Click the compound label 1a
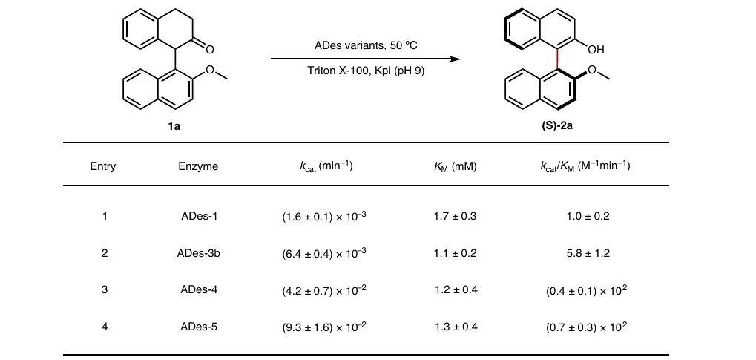coord(174,126)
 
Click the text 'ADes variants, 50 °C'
coord(366,46)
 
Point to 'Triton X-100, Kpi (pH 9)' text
coord(366,72)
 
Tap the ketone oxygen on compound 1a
coord(210,50)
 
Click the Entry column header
coord(103,166)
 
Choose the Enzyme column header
coord(199,166)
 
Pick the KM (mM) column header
coord(455,166)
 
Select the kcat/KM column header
coord(586,166)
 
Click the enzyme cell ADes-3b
coord(199,253)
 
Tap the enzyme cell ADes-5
coord(199,326)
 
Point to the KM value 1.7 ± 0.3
coord(455,217)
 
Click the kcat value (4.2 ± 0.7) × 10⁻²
coord(324,289)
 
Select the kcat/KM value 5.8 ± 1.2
coord(586,253)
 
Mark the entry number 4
coord(105,326)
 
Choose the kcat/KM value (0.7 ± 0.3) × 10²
coord(586,326)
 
